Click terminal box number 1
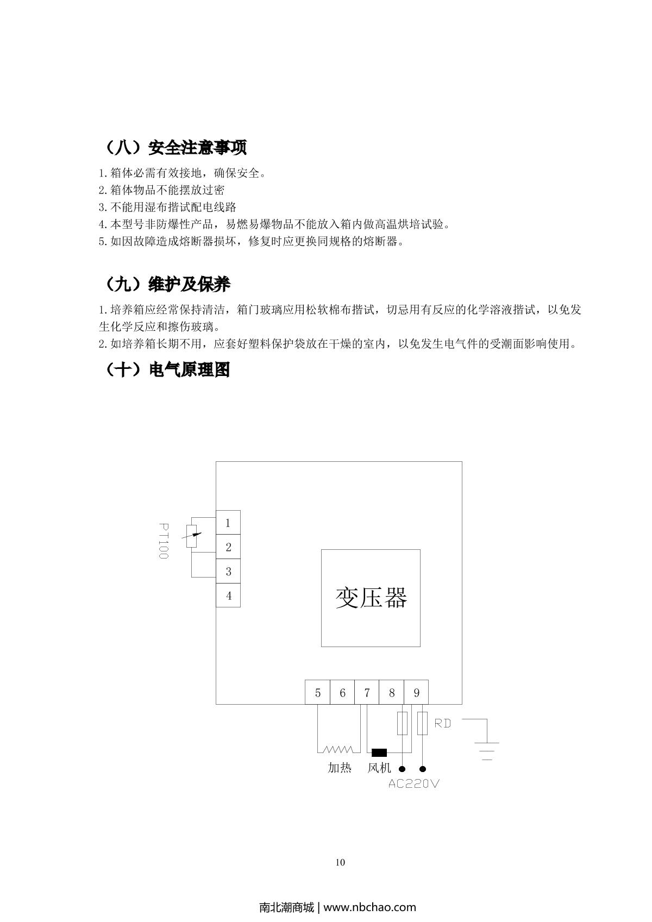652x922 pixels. coord(228,523)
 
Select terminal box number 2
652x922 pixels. coord(228,547)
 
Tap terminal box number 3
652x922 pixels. coord(228,571)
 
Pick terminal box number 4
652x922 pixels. coord(228,595)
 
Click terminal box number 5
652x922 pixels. coord(318,692)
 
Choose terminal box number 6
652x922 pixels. coord(342,692)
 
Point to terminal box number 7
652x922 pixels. coord(367,692)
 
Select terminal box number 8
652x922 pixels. coord(392,692)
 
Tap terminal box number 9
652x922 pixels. coord(416,692)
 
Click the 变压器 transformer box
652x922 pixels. coord(371,598)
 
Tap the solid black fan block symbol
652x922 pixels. coord(379,752)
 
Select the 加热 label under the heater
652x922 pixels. coord(340,768)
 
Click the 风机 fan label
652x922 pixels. coord(379,768)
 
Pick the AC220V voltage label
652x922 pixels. coord(414,784)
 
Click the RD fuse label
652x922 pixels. coord(443,723)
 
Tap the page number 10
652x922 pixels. coord(341,862)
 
